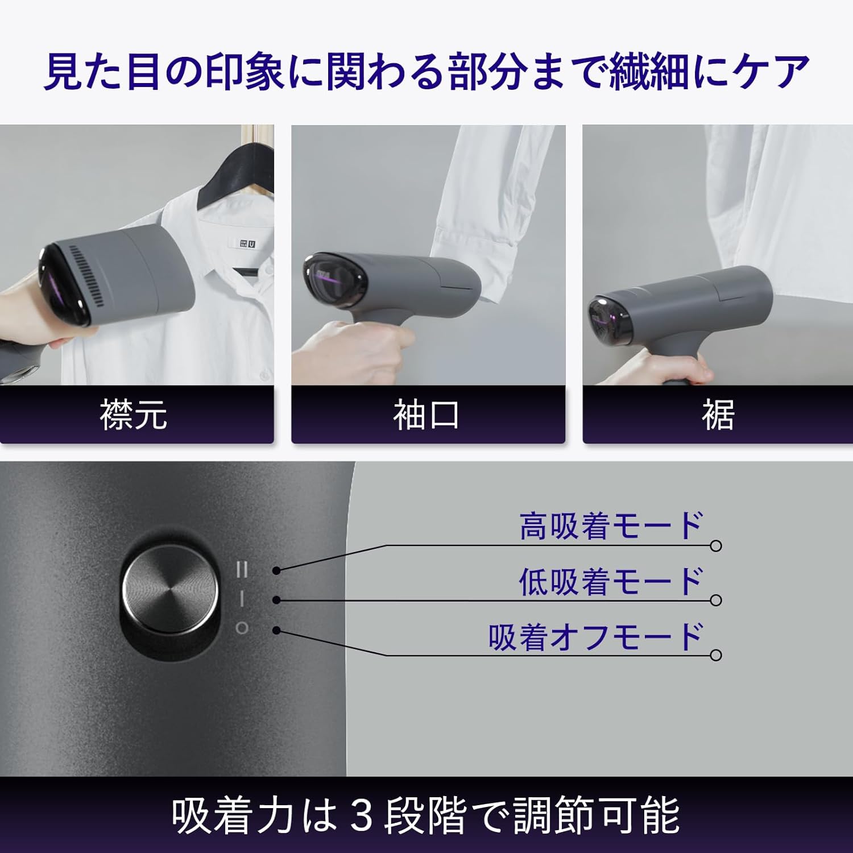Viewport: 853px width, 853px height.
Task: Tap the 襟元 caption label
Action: (x=134, y=414)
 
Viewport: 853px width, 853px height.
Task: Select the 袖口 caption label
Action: (x=426, y=415)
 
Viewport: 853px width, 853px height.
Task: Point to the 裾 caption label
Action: (x=718, y=415)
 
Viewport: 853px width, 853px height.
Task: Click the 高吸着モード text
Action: (x=611, y=526)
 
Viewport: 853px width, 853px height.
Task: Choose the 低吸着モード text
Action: (x=611, y=581)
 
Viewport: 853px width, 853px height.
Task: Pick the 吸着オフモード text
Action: (x=596, y=637)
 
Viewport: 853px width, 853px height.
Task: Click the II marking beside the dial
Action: (x=242, y=569)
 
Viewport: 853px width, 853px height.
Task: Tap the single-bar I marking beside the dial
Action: (x=242, y=599)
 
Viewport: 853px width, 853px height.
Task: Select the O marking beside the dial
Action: (x=242, y=628)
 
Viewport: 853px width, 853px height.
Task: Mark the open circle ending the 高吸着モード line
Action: (x=716, y=546)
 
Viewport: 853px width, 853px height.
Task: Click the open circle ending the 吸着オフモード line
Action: (x=716, y=655)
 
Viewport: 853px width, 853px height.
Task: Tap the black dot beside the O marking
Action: (x=276, y=630)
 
